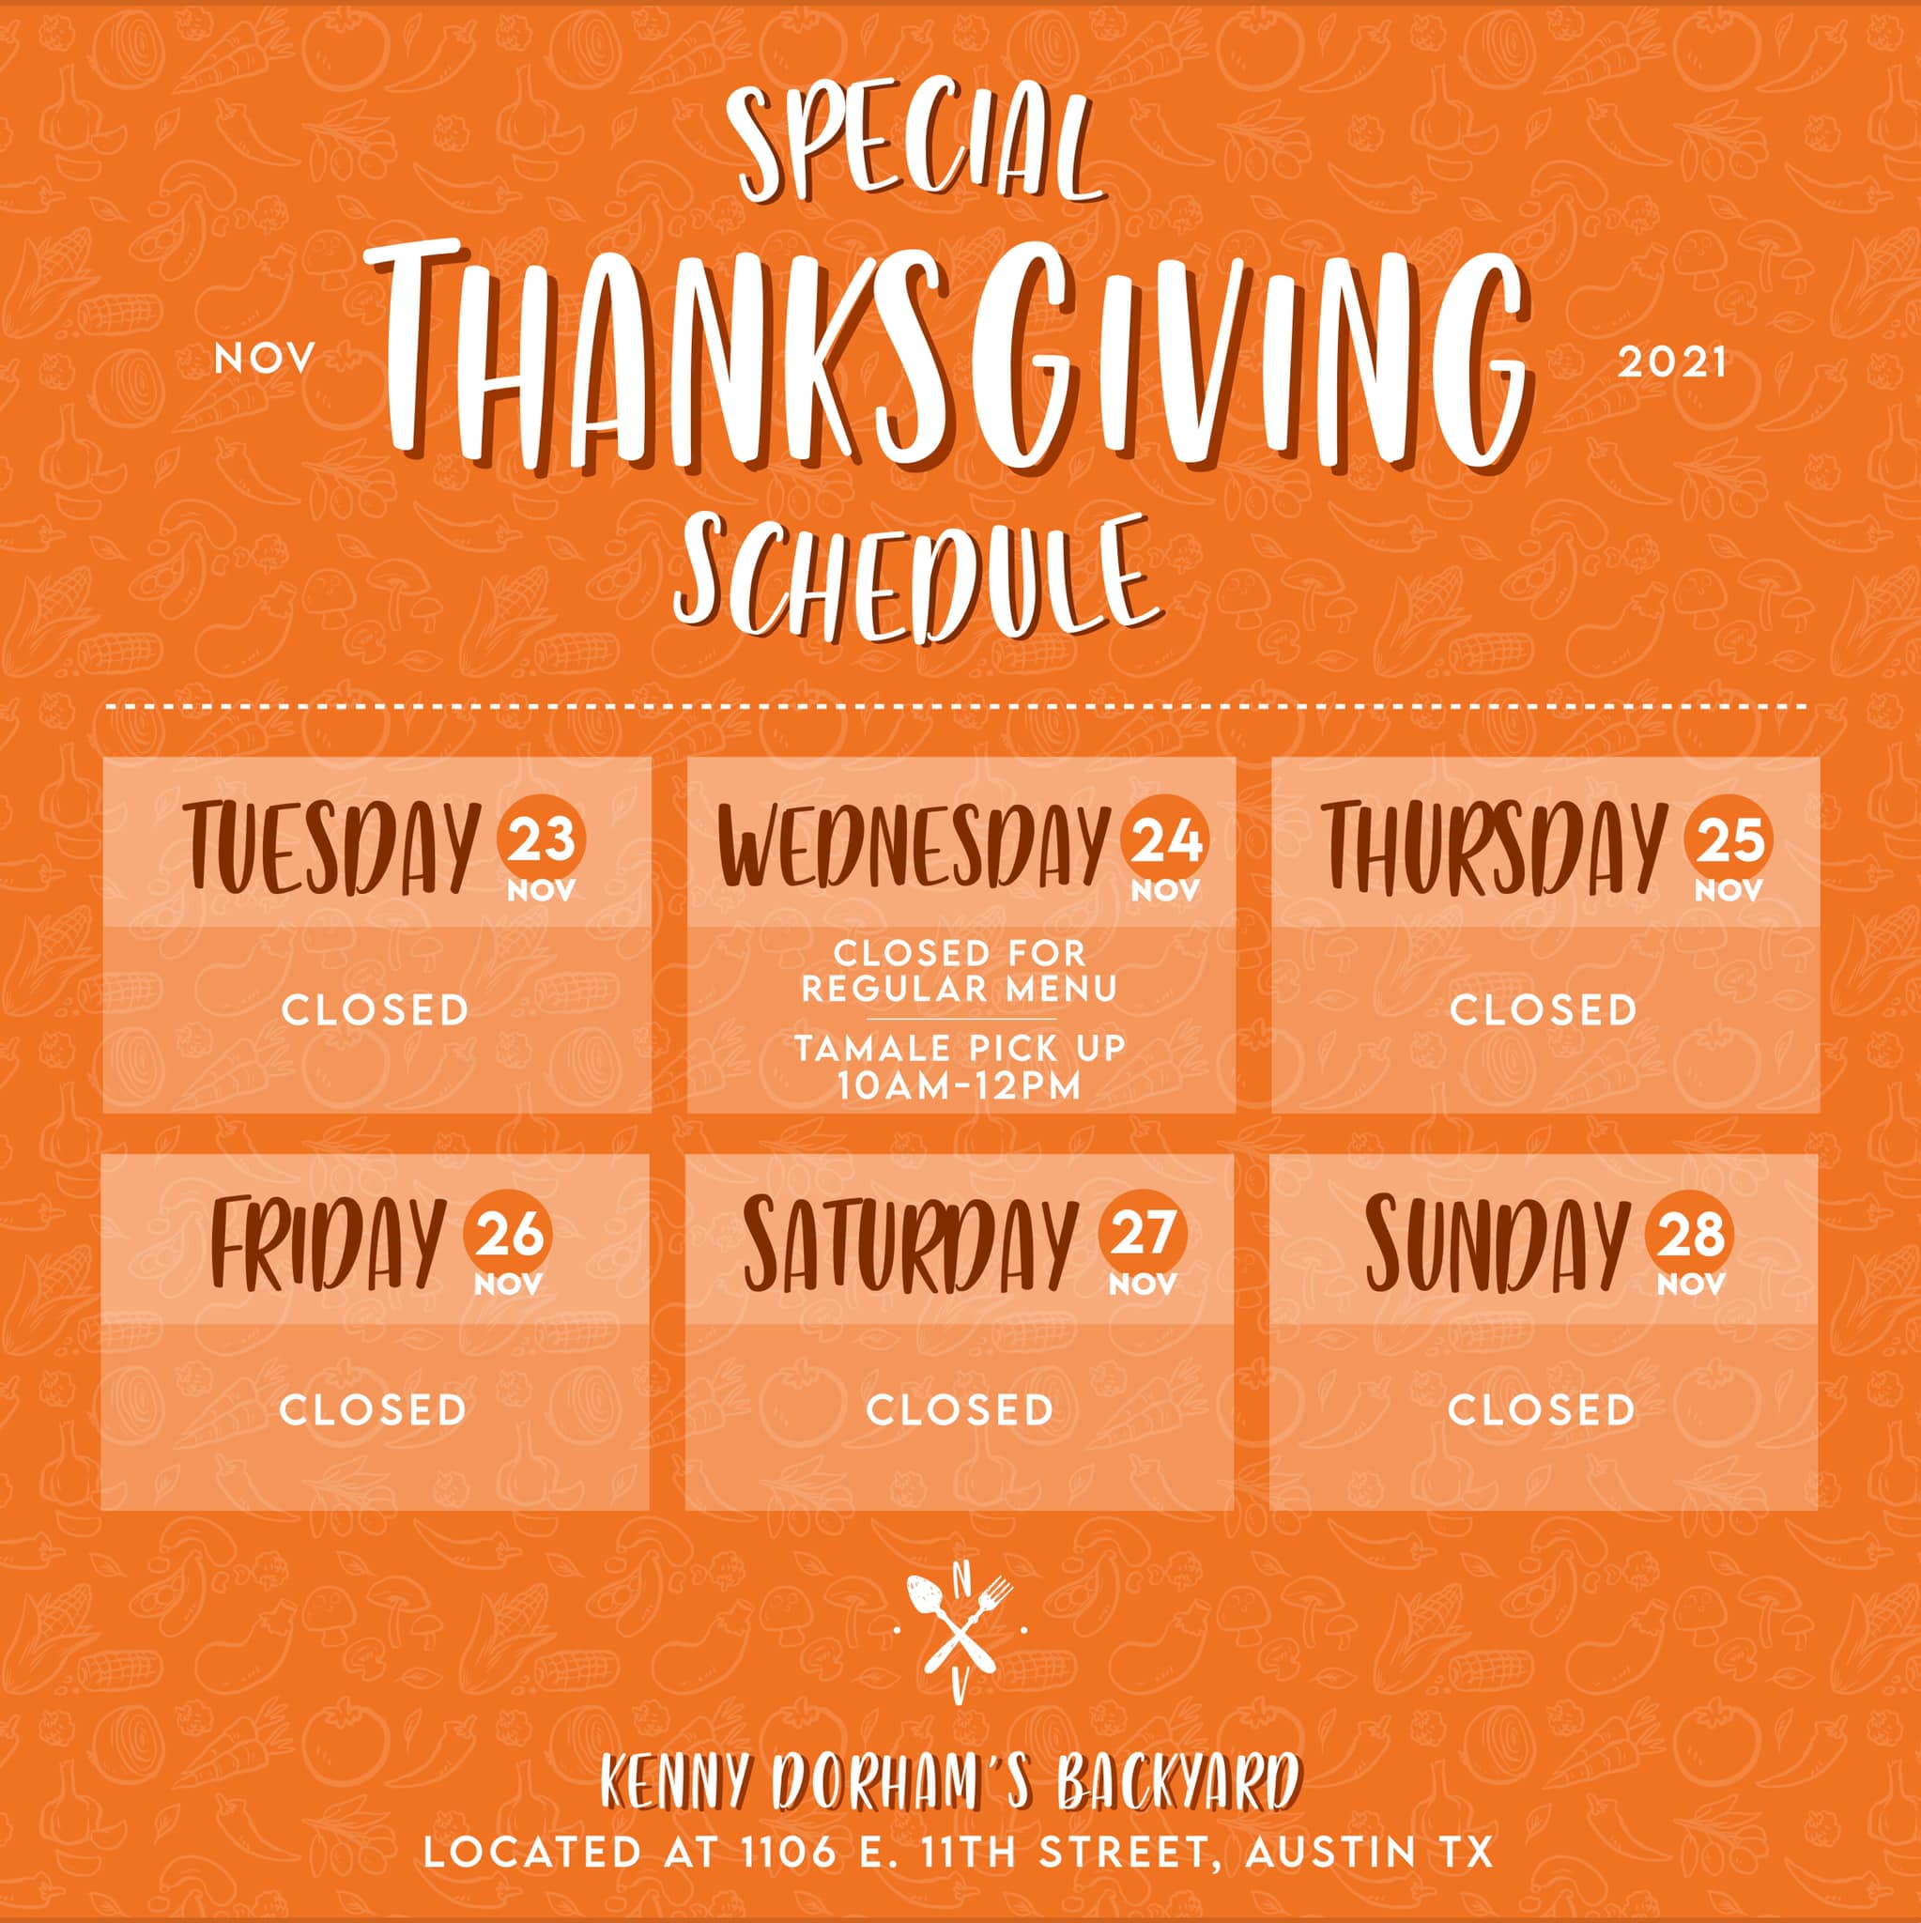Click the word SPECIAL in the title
tap(915, 146)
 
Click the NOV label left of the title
tap(264, 360)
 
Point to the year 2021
tap(1671, 362)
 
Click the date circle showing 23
tap(542, 839)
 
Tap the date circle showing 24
tap(1165, 839)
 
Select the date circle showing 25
tap(1729, 839)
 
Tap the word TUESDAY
tap(331, 847)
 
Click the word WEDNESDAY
tap(914, 846)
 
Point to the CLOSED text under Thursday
tap(1544, 1010)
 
